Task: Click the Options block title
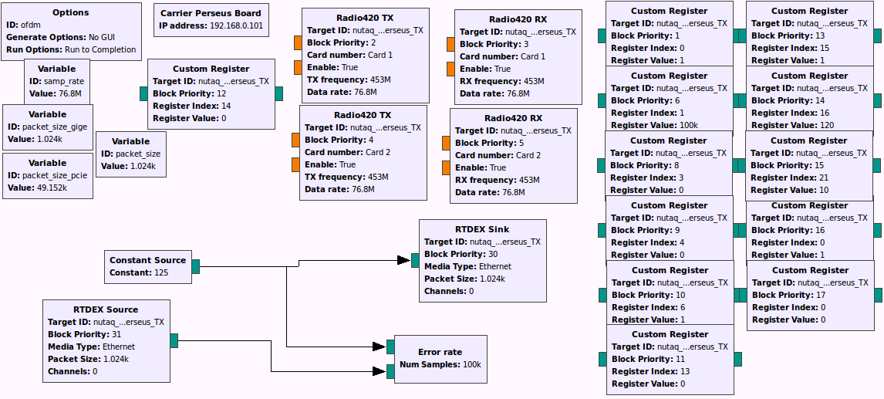click(x=71, y=12)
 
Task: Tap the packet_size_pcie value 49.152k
click(x=56, y=188)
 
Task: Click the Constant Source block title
click(x=147, y=260)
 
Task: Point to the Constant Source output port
click(x=196, y=266)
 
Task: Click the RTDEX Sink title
click(x=482, y=229)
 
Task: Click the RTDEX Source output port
click(x=174, y=340)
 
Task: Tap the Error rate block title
click(x=440, y=352)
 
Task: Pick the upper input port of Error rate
click(x=390, y=346)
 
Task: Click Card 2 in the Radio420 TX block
click(x=378, y=152)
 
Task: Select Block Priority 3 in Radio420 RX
click(x=525, y=44)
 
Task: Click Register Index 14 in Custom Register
click(x=225, y=106)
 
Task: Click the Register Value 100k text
click(x=688, y=125)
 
